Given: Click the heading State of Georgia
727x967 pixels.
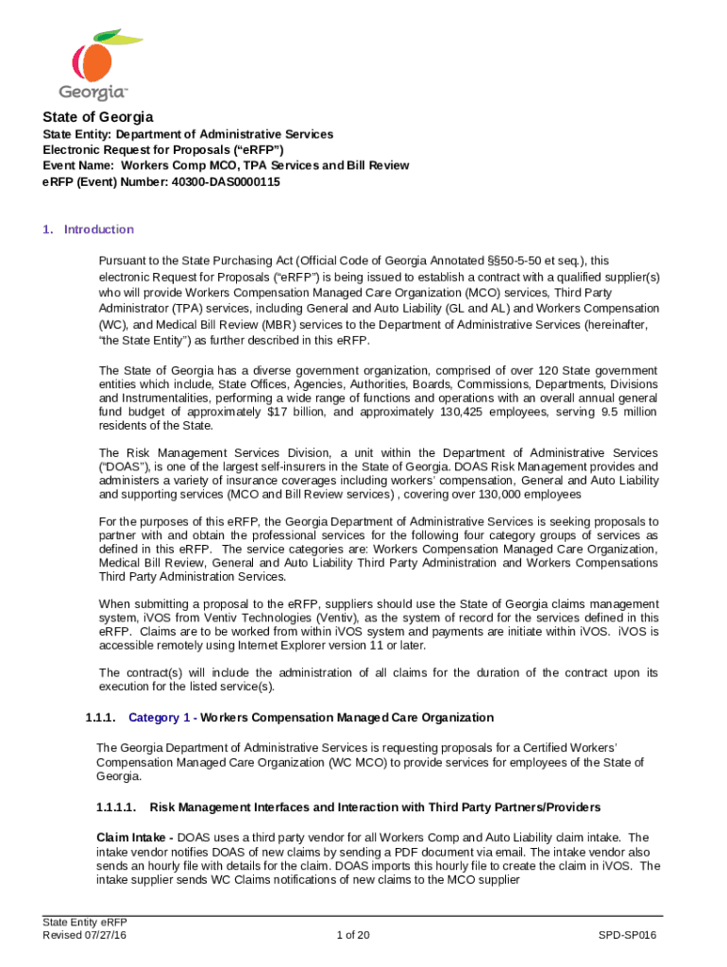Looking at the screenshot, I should (97, 117).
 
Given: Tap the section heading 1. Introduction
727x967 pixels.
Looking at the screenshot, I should (89, 229).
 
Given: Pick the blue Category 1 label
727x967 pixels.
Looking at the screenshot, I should (161, 719).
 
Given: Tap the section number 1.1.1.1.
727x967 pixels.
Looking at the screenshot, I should (116, 807).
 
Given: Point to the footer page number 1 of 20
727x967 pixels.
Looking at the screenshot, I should (353, 935).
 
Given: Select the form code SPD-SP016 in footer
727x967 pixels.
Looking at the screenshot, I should (627, 935).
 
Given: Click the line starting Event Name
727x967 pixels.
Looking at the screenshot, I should (226, 165).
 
